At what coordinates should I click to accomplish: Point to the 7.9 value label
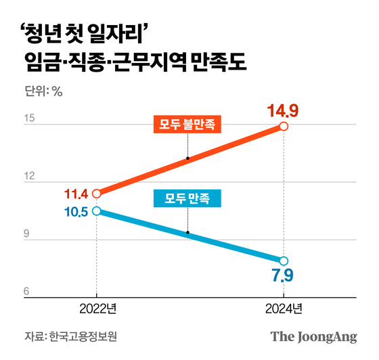point(283,277)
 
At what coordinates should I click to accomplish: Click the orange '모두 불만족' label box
point(187,125)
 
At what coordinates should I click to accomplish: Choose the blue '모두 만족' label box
point(187,199)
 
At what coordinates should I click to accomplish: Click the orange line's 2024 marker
point(284,127)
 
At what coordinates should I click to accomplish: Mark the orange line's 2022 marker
point(96,193)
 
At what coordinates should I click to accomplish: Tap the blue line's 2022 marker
point(96,211)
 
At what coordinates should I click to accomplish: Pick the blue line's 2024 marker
point(284,261)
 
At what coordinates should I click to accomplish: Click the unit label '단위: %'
point(43,92)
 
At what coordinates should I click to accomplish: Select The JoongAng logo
point(313,336)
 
